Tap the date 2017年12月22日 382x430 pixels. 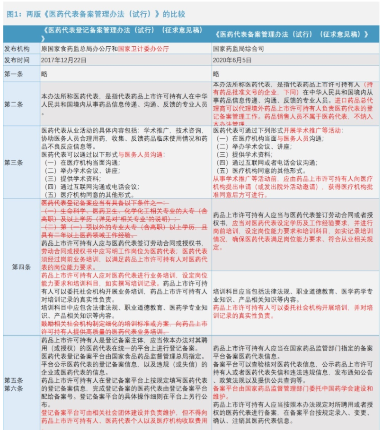64,60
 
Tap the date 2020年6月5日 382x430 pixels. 232,60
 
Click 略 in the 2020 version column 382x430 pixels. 216,74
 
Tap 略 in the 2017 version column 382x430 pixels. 44,74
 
